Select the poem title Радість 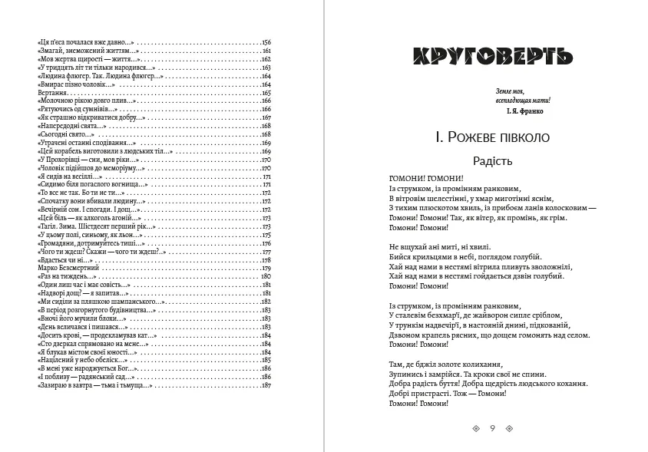click(x=491, y=161)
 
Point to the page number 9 click(x=492, y=428)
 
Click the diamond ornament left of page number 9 click(x=476, y=428)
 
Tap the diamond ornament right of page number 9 click(x=508, y=428)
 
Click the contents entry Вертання click(x=51, y=92)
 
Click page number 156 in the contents click(x=266, y=41)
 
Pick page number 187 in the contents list click(x=266, y=385)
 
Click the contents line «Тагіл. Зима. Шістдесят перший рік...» click(x=96, y=226)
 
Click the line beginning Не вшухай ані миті click(x=438, y=246)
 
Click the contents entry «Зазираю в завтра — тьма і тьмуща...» click(x=94, y=385)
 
